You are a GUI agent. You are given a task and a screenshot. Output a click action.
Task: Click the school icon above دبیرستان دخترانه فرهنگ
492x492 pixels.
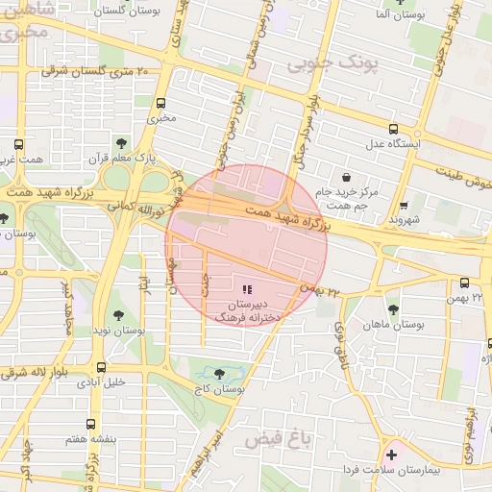[247, 288]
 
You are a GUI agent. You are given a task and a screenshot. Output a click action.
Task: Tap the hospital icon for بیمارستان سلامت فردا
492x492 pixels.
[391, 453]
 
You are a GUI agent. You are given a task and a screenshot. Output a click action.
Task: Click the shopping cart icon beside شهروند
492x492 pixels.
[405, 204]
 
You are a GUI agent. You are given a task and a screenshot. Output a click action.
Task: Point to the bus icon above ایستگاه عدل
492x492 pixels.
[393, 129]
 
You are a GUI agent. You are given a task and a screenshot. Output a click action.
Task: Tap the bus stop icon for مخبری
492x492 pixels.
[160, 103]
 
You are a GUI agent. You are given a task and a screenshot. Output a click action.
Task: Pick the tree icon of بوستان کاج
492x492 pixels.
[219, 374]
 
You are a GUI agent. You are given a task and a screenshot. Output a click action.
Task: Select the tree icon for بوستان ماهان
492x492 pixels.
[393, 309]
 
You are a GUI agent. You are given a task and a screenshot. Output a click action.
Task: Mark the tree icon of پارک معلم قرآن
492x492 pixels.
[120, 141]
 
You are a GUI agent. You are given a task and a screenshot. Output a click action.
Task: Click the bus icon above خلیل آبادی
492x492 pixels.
[101, 366]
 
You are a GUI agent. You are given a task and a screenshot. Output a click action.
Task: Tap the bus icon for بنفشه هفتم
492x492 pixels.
[91, 423]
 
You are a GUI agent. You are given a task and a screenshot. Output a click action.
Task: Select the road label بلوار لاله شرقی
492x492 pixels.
[38, 373]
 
